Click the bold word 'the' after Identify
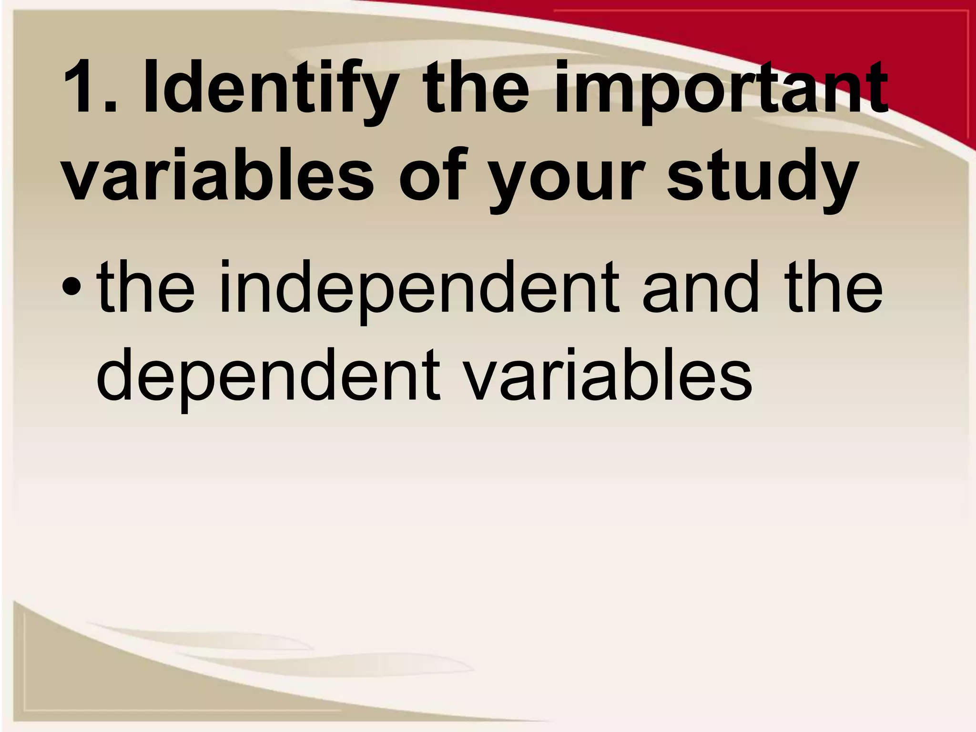477,88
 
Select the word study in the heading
762,174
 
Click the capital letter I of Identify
152,88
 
